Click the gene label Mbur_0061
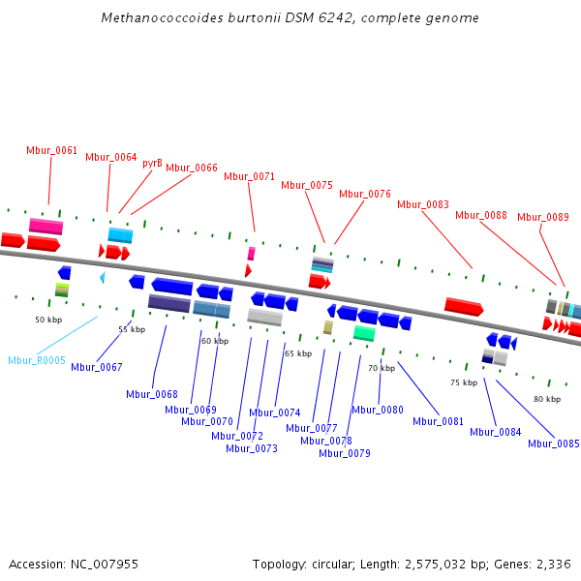(51, 150)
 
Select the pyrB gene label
(152, 163)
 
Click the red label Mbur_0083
(423, 204)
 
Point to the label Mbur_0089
(542, 217)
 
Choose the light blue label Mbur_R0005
(37, 360)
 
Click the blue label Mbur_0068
(152, 394)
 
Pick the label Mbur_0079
(345, 452)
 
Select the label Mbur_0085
(554, 443)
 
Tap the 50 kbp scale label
(48, 320)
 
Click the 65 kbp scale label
(298, 353)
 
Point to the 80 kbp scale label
(547, 399)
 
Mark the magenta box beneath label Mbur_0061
(46, 227)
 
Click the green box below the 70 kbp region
(364, 333)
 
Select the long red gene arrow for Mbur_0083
(464, 306)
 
